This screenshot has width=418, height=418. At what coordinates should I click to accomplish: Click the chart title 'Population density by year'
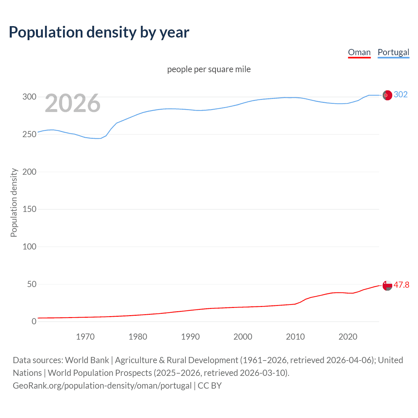pyautogui.click(x=99, y=32)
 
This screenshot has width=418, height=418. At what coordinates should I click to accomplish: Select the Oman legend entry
pyautogui.click(x=359, y=52)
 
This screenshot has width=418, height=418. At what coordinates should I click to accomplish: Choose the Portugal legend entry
pyautogui.click(x=393, y=52)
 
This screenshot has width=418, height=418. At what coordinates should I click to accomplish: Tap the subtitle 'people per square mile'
pyautogui.click(x=209, y=69)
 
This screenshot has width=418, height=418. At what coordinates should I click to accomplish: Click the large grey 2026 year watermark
pyautogui.click(x=72, y=104)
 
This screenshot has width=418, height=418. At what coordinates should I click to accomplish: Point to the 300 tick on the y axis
pyautogui.click(x=29, y=97)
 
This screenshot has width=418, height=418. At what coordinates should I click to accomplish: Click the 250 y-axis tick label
pyautogui.click(x=29, y=134)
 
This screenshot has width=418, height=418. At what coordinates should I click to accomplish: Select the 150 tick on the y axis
pyautogui.click(x=29, y=209)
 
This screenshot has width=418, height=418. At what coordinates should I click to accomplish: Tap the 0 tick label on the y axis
pyautogui.click(x=34, y=321)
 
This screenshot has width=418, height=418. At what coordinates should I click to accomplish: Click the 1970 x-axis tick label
pyautogui.click(x=85, y=337)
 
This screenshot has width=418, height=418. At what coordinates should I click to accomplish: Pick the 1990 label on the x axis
pyautogui.click(x=190, y=337)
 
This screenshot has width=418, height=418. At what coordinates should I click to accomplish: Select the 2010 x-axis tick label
pyautogui.click(x=295, y=337)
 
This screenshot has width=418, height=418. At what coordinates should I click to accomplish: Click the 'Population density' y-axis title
pyautogui.click(x=14, y=202)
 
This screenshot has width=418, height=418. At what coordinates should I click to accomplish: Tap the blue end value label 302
pyautogui.click(x=400, y=95)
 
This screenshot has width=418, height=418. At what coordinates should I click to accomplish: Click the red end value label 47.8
pyautogui.click(x=401, y=285)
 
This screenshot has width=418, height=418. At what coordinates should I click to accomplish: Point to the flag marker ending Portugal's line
pyautogui.click(x=387, y=95)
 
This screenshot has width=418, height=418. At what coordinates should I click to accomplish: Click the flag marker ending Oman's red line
pyautogui.click(x=387, y=285)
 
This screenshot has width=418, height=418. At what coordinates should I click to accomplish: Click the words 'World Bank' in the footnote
pyautogui.click(x=87, y=360)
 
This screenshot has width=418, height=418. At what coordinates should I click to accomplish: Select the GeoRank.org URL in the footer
pyautogui.click(x=102, y=386)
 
